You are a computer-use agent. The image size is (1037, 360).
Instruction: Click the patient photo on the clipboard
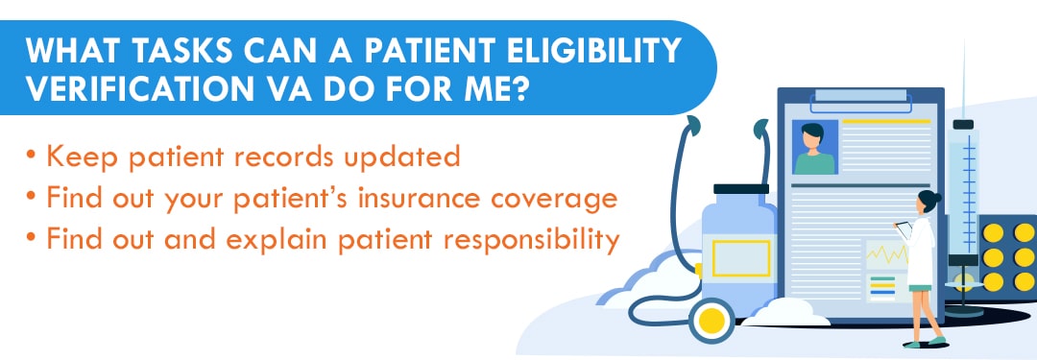(814, 148)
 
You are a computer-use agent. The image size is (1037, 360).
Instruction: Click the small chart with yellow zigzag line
(884, 256)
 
